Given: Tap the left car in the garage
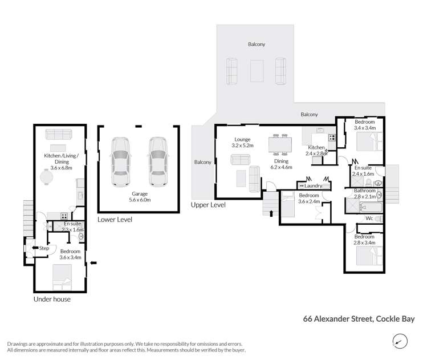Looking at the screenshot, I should coord(121,161).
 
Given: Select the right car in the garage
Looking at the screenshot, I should coord(158,161).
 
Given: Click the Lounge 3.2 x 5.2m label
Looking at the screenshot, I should coord(242,142).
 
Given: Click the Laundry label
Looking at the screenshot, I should coord(314,185).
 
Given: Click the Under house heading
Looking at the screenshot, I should coord(52,300).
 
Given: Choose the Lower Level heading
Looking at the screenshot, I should coord(115,219).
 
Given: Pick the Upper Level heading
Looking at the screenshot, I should coord(208,205).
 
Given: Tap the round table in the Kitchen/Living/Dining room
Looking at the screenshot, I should coord(46,178).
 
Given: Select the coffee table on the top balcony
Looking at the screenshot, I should coord(256,70).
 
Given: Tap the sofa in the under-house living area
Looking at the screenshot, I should coord(58,135).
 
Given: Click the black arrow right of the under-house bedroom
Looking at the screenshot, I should coord(93,263).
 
